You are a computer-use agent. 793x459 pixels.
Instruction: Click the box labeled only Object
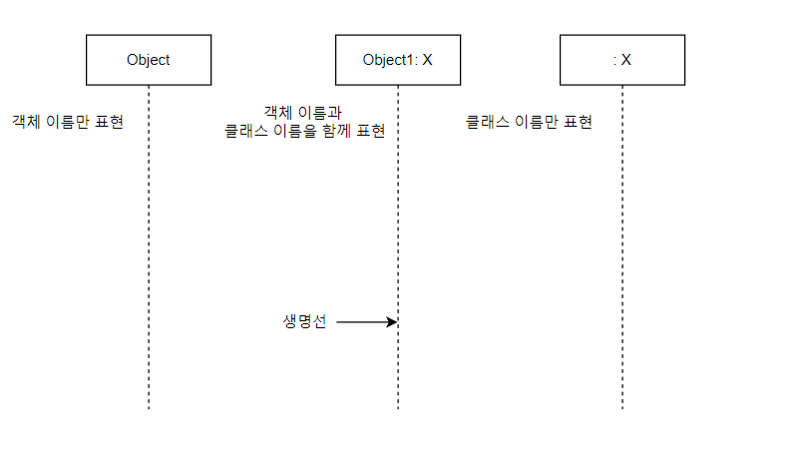(148, 60)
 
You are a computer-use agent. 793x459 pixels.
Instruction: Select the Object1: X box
(397, 60)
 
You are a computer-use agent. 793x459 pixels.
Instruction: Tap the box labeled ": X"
(621, 60)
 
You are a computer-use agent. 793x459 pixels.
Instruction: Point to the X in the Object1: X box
(427, 60)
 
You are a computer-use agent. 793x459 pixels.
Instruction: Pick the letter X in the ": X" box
(626, 60)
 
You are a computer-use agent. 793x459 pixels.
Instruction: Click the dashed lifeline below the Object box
(149, 249)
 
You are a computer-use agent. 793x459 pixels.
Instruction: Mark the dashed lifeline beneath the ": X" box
(622, 249)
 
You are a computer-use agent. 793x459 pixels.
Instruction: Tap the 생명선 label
(305, 322)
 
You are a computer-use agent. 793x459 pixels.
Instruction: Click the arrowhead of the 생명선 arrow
(393, 322)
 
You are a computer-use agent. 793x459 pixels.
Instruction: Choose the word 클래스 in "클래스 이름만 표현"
(487, 123)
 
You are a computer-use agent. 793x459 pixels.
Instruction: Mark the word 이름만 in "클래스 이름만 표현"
(534, 123)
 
